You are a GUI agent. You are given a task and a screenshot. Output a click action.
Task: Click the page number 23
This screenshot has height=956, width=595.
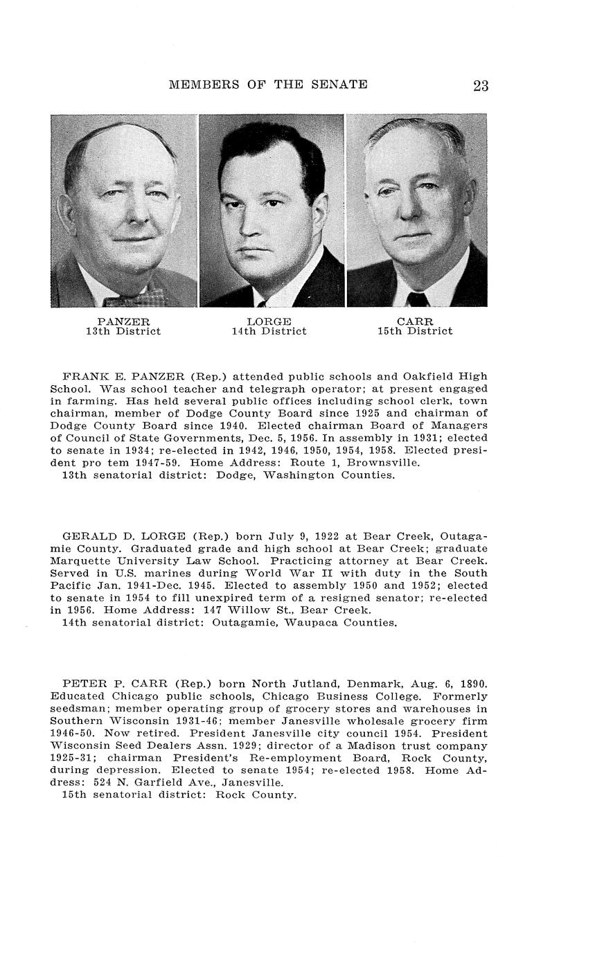point(481,86)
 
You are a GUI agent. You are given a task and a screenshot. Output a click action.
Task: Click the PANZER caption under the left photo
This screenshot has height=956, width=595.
point(123,321)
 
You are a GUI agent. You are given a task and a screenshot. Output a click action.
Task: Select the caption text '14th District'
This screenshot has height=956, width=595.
point(269,331)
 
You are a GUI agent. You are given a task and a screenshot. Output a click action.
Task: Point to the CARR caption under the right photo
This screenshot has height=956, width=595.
point(415,321)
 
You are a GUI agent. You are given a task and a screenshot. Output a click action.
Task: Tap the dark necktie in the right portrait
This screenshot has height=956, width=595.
point(418,299)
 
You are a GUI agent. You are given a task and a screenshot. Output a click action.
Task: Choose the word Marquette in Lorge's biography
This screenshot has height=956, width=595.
point(78,560)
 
